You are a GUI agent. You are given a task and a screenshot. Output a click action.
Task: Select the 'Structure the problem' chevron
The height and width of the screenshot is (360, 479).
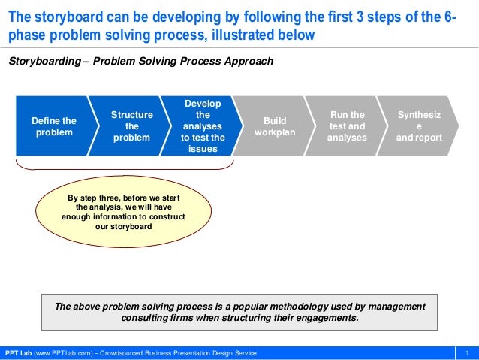coord(131,126)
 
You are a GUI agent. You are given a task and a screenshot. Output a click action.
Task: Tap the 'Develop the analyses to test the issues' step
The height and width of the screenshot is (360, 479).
coord(202,126)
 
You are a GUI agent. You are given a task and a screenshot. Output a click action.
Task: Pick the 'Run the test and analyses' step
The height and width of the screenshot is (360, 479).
coord(347,126)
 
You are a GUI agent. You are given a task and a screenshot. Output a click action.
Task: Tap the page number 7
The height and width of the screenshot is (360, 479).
coord(467,353)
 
